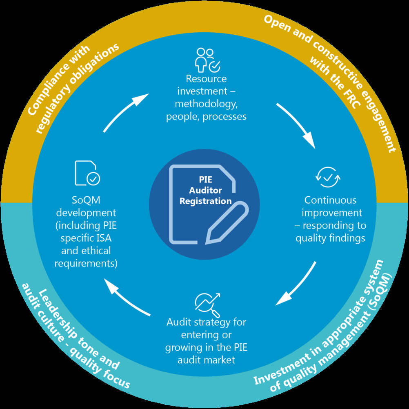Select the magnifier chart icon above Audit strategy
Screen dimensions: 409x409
(x=207, y=304)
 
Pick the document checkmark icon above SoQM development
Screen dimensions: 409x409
(x=87, y=173)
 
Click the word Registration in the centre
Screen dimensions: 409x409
(x=205, y=201)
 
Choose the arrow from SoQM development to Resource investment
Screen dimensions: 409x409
(x=124, y=112)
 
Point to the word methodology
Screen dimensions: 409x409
(x=206, y=104)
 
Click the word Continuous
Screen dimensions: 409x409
(x=330, y=200)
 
